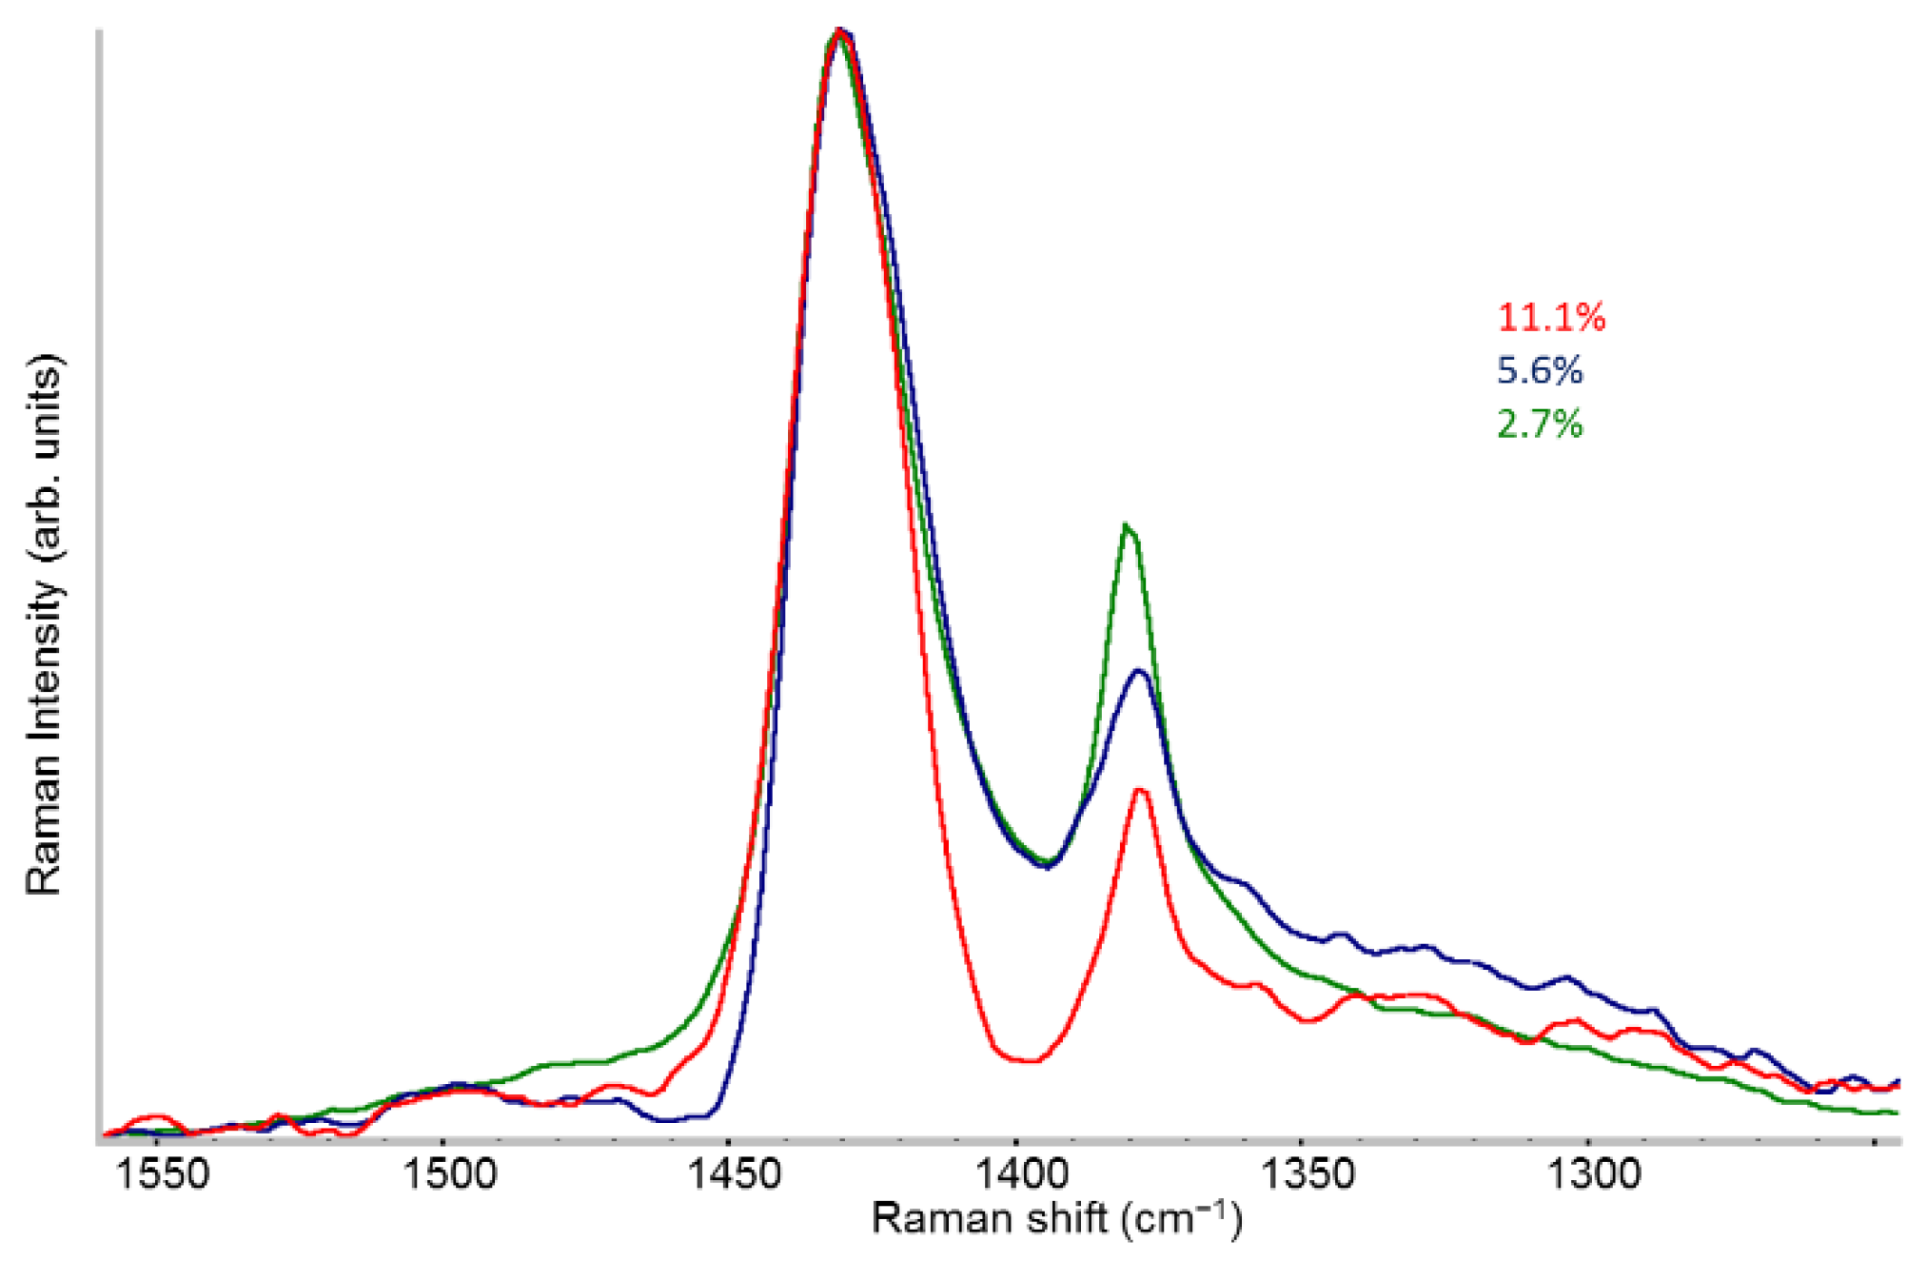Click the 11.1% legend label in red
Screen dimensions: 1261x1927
pos(1551,317)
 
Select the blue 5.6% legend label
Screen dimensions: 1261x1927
pos(1540,370)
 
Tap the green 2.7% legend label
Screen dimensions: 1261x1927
pos(1540,424)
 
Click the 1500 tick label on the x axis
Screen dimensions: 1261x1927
pos(449,1173)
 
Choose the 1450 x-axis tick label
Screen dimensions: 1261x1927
pos(735,1173)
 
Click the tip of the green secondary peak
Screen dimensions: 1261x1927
pos(1127,524)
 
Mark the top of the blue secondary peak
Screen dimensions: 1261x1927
pos(1139,672)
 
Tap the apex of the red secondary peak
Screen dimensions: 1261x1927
pos(1140,789)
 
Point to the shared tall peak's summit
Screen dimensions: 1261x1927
pos(838,32)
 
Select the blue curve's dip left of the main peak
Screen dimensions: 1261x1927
pos(670,1120)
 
